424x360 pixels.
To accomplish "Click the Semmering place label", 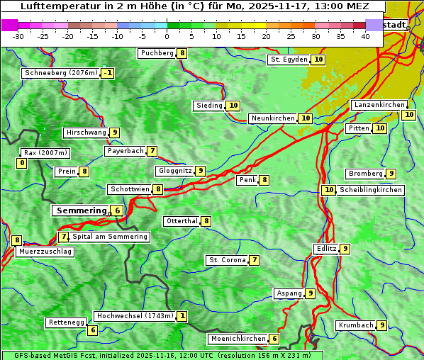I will (x=80, y=210).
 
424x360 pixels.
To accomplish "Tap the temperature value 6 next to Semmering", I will (x=117, y=210).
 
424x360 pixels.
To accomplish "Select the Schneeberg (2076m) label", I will (x=60, y=73).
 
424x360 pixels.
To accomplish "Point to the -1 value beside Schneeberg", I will (x=107, y=73).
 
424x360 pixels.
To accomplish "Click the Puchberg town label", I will (x=157, y=53).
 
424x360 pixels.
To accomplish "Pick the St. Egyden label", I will (x=289, y=60).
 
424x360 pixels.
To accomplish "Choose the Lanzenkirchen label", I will (x=379, y=105).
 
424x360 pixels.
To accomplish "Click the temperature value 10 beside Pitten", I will (x=380, y=128).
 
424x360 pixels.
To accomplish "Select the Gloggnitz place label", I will (x=174, y=171).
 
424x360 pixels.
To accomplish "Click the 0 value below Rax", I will (x=21, y=163).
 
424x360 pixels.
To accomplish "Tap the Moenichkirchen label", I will (x=238, y=339).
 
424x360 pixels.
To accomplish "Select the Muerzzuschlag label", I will (x=44, y=252).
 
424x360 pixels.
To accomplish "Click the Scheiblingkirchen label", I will (x=370, y=190).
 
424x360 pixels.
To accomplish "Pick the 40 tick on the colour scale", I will (x=365, y=36).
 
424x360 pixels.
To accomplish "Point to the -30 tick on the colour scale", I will (x=18, y=36).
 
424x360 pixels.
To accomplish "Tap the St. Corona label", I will (x=227, y=260).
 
